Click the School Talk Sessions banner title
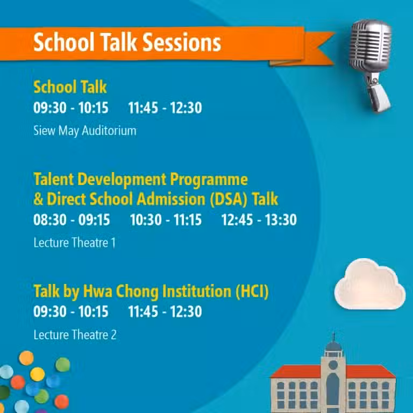(127, 42)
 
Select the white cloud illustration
(369, 284)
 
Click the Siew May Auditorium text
(85, 131)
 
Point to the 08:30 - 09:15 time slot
(72, 219)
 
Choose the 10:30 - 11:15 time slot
(166, 219)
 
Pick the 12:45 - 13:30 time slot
(259, 219)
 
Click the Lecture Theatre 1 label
(75, 243)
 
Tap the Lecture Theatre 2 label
(75, 335)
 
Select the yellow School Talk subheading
(70, 87)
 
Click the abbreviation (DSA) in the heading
(229, 199)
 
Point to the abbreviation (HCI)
(252, 291)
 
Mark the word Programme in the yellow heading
(209, 180)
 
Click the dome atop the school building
(333, 346)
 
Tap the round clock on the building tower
(333, 365)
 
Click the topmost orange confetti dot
(26, 358)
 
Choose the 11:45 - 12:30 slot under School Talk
(165, 108)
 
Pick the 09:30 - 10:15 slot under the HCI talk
(71, 311)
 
